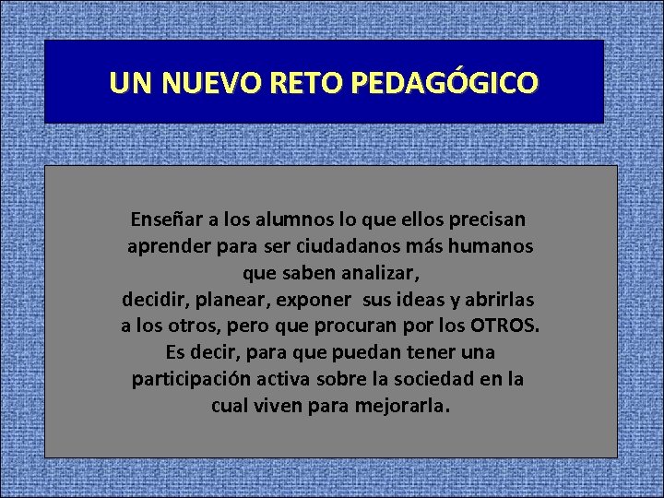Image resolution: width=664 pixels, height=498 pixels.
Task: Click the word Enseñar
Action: pyautogui.click(x=167, y=220)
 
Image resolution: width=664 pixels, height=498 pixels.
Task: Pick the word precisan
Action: pyautogui.click(x=487, y=220)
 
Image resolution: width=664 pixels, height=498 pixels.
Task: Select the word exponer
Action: pyautogui.click(x=314, y=301)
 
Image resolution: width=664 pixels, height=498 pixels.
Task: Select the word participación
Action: pyautogui.click(x=190, y=380)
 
